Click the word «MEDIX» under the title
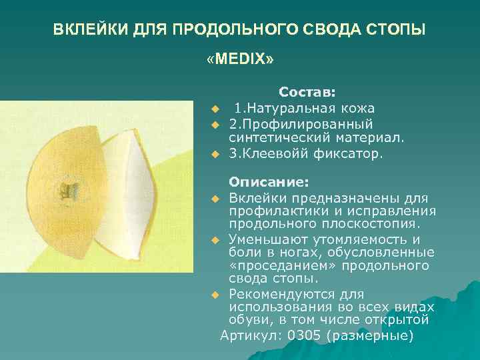point(240,60)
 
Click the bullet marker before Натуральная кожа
point(215,109)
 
